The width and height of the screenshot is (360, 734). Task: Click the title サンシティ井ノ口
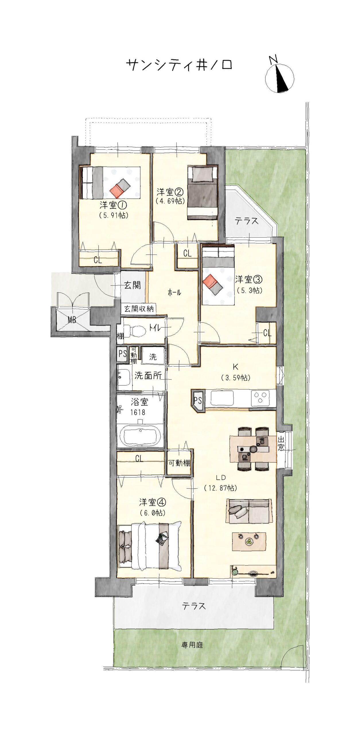(x=179, y=65)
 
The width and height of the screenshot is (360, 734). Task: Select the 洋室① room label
(x=113, y=205)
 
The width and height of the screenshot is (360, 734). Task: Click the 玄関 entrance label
(x=133, y=285)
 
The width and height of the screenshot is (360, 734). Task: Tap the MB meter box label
(x=72, y=320)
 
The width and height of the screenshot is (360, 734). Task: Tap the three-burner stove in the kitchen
(x=260, y=398)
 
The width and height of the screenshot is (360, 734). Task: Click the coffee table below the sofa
(x=249, y=541)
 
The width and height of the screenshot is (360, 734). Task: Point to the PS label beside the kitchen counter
(x=198, y=400)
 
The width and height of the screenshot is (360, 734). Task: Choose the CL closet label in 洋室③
(x=267, y=333)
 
